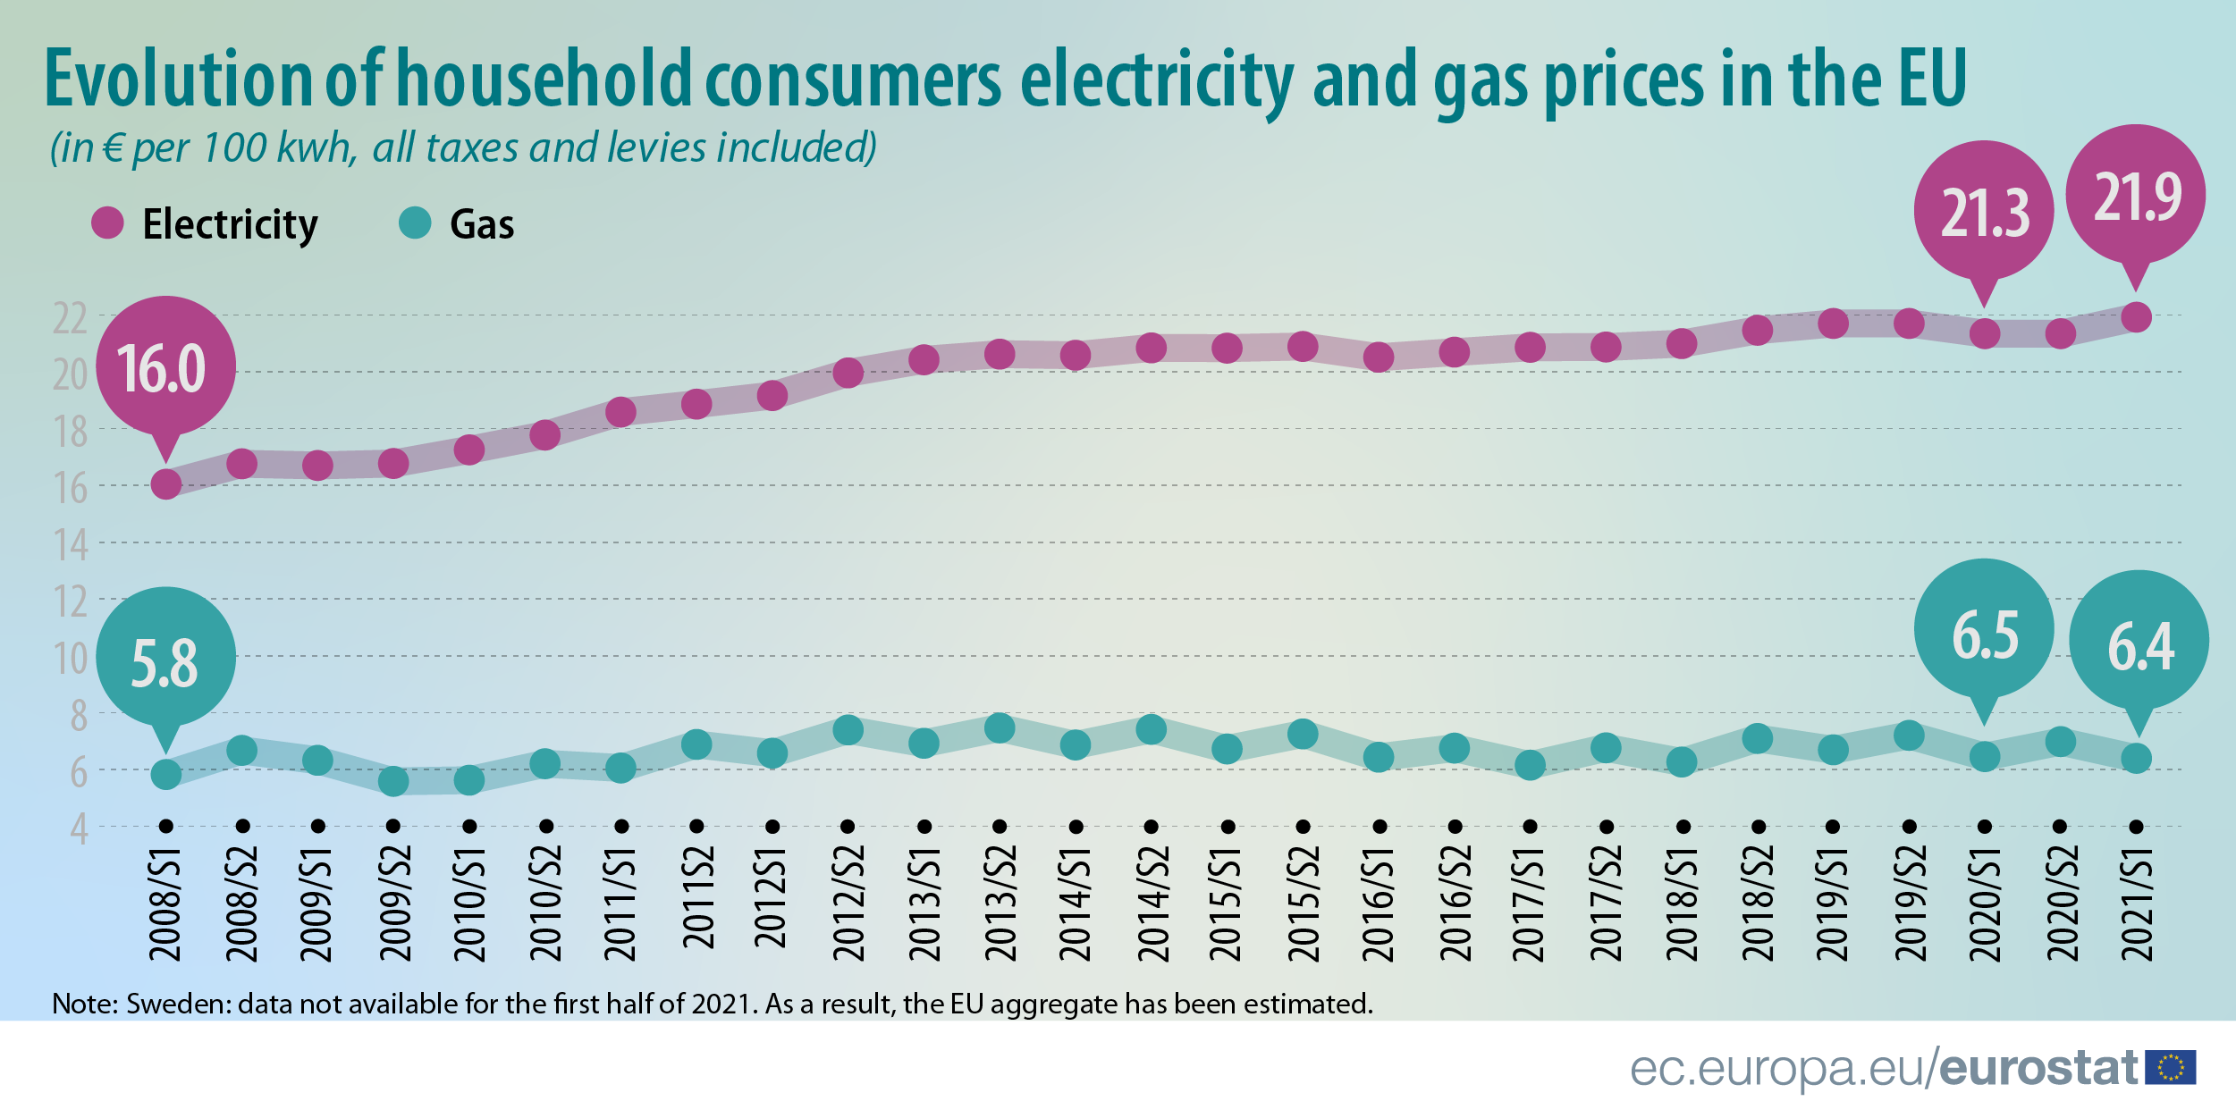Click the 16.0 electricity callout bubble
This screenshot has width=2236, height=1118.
click(x=165, y=367)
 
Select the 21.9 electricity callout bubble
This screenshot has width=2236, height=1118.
click(x=2136, y=196)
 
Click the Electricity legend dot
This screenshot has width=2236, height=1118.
click(x=107, y=223)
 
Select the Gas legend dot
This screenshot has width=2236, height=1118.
click(x=415, y=223)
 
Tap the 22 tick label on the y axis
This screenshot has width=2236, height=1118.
click(x=70, y=318)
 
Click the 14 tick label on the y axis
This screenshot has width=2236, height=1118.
click(x=71, y=545)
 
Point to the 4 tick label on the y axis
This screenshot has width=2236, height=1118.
click(x=79, y=829)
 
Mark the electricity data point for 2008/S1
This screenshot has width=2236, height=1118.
click(x=165, y=484)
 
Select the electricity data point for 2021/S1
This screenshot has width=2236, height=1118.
click(x=2136, y=317)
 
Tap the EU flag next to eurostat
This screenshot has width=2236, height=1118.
click(x=2170, y=1067)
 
